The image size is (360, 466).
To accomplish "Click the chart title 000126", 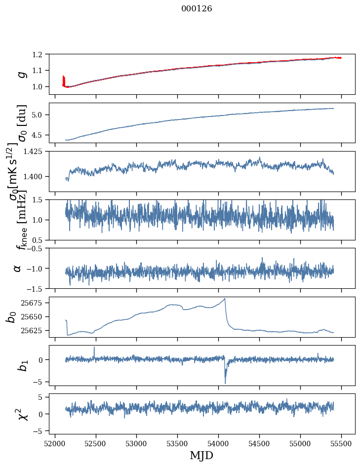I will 197,9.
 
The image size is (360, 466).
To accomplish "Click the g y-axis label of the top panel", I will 21,74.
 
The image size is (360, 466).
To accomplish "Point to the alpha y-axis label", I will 17,268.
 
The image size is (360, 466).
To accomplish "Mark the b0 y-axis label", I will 11,316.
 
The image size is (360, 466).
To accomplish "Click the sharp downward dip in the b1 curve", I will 225,383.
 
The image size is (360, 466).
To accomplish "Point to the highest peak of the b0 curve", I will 225,299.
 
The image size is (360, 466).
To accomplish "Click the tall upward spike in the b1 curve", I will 94,347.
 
